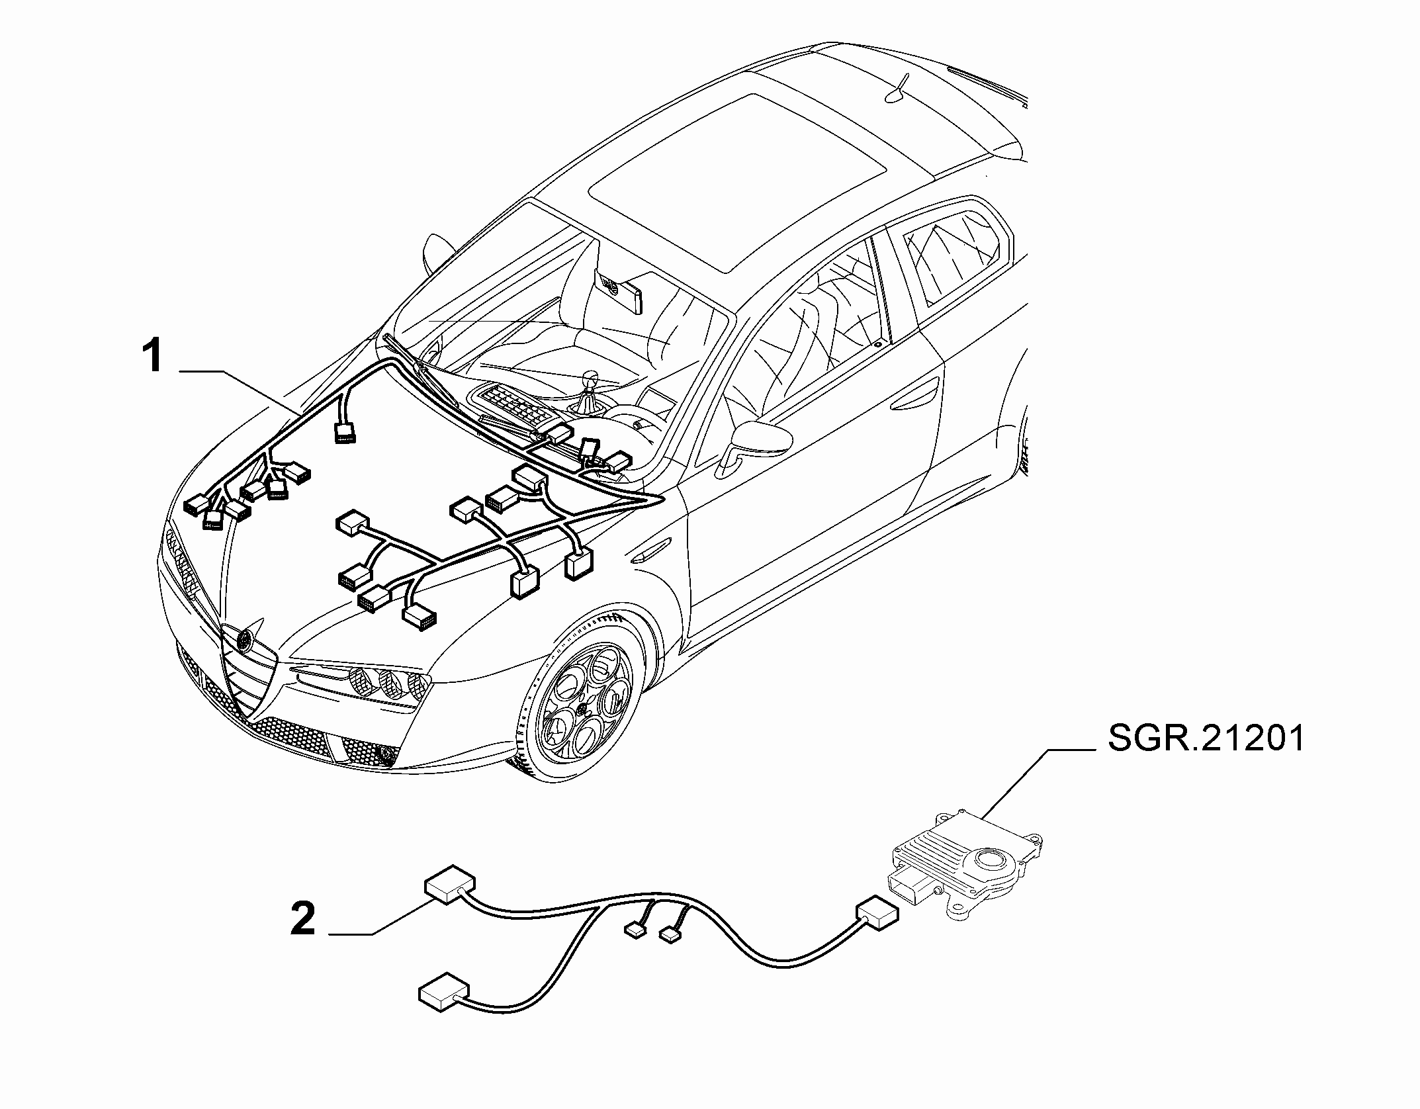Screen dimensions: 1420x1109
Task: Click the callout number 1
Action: click(154, 357)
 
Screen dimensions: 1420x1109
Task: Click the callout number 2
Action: click(304, 919)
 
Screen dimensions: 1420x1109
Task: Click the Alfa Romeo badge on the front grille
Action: click(245, 639)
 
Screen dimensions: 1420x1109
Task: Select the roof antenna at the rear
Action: click(897, 89)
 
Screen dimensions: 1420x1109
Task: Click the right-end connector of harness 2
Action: click(877, 915)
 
